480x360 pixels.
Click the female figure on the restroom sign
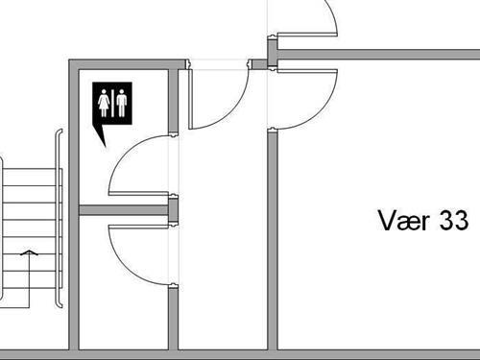coord(105,103)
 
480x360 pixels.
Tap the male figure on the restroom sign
coord(122,103)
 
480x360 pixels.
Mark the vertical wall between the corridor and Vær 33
coord(273,240)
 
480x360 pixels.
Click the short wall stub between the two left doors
coord(174,210)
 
